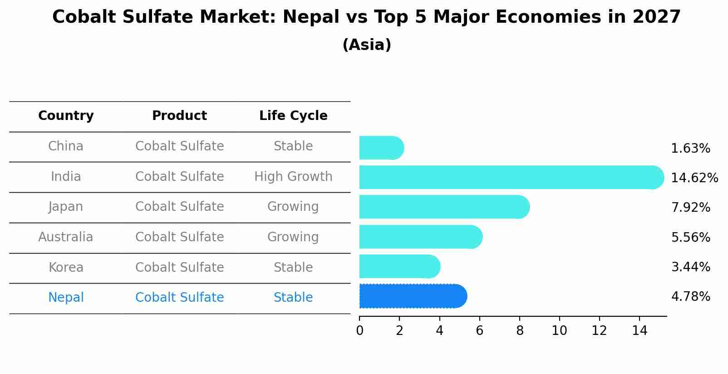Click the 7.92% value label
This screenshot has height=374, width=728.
[690, 208]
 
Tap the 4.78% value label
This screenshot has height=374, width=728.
[690, 297]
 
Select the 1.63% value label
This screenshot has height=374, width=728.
[690, 149]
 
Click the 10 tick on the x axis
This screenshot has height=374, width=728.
[559, 331]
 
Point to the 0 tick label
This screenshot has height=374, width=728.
[359, 331]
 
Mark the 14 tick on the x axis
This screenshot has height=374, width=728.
[639, 331]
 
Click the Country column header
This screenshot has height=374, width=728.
[66, 116]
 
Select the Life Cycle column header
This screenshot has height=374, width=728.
[293, 116]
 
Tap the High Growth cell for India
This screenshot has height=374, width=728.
[293, 176]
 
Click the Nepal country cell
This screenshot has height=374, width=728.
[66, 298]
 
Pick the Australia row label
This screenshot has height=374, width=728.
[66, 237]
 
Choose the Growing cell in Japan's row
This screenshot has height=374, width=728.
[293, 207]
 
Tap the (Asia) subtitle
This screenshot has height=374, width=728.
[367, 45]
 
